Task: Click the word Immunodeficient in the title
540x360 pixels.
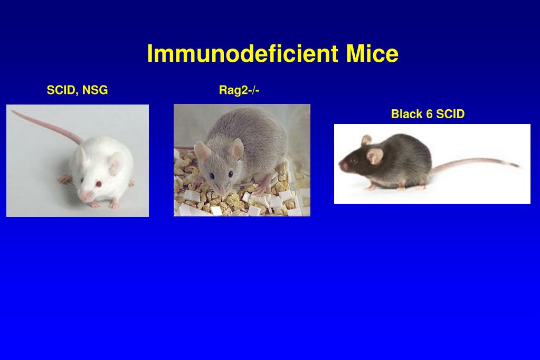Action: (242, 54)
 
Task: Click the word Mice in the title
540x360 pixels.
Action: (372, 54)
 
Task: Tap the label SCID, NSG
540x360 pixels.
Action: (77, 90)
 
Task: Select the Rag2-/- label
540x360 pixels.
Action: (239, 90)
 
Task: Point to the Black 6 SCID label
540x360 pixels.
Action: (428, 114)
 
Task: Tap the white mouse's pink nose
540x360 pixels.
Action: (84, 196)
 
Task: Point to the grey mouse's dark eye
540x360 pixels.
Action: (212, 175)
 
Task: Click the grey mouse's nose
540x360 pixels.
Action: (222, 191)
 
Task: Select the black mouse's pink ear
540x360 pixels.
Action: (375, 155)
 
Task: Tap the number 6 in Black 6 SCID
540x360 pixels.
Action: (429, 114)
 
